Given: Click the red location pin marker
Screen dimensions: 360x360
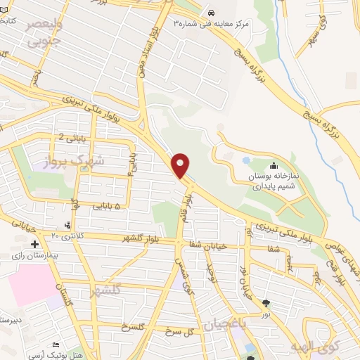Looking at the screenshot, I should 181,165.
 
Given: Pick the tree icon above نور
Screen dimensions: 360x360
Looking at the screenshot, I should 266,303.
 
